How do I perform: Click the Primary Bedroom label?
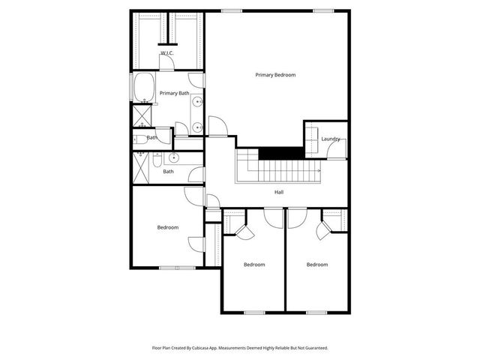click(x=275, y=75)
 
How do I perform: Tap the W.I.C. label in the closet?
click(x=166, y=53)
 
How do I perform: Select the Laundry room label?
click(x=330, y=139)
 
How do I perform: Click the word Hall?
click(x=278, y=193)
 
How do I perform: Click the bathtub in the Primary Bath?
click(x=142, y=88)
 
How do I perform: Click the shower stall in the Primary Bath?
click(x=141, y=115)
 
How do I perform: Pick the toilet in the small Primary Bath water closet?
click(x=141, y=139)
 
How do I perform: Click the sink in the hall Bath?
click(x=174, y=157)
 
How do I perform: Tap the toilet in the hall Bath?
click(x=157, y=159)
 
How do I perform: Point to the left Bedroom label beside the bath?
click(x=167, y=227)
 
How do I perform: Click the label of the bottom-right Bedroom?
click(x=316, y=264)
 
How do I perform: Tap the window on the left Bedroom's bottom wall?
click(x=177, y=268)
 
